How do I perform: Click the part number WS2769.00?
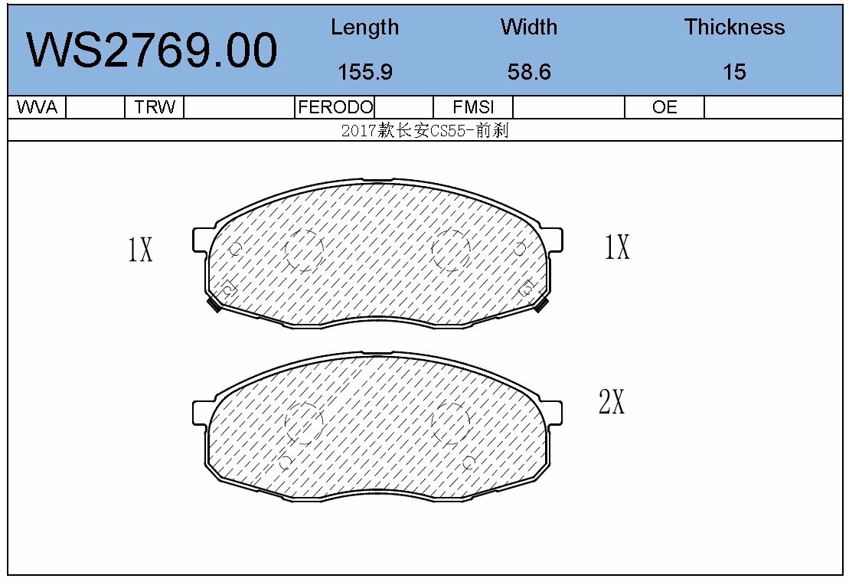point(152,51)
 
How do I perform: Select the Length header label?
point(364,28)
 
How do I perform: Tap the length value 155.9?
point(364,72)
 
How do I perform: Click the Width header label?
point(528,28)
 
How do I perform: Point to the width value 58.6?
point(528,72)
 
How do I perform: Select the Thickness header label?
point(733,28)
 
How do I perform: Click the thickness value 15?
point(733,72)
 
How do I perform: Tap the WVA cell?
point(37,107)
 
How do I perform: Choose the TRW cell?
point(155,107)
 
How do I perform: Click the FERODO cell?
point(335,107)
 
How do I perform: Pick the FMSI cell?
point(473,107)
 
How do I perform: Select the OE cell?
point(665,107)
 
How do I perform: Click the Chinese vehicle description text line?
point(425,130)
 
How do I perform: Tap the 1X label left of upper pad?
point(140,250)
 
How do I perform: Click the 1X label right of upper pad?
point(616,247)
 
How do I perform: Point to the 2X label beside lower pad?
point(611,401)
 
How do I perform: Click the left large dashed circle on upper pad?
point(304,250)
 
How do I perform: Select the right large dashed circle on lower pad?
point(450,423)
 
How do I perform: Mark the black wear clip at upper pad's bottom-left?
point(215,305)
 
